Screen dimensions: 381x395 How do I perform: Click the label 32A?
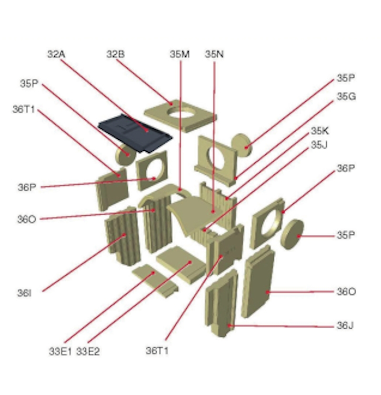(56, 54)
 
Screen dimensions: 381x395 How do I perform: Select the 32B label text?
(115, 54)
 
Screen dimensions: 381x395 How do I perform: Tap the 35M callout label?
(180, 54)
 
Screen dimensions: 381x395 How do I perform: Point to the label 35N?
(214, 54)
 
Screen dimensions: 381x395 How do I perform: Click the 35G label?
(346, 96)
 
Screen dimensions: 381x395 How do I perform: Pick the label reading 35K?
(320, 131)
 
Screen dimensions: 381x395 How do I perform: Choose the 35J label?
(319, 145)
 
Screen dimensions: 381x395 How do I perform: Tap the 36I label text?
(24, 293)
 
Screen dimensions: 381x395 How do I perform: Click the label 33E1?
(60, 351)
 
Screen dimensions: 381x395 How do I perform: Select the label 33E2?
(88, 351)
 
